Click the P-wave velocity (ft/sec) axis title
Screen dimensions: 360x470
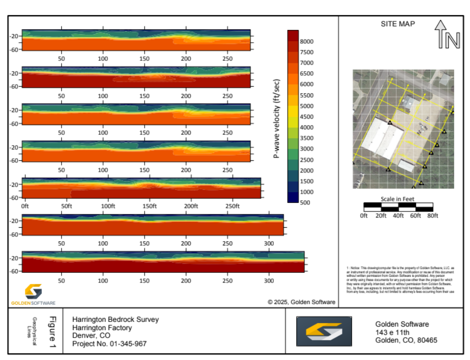point(277,118)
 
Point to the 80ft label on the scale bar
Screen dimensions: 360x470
point(432,215)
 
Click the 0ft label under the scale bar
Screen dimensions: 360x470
point(363,215)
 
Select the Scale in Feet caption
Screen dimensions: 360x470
point(398,199)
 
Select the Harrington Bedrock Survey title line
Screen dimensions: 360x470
point(115,319)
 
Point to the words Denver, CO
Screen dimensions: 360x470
point(91,336)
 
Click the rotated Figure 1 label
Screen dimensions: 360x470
point(52,332)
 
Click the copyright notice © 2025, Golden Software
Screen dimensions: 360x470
point(301,302)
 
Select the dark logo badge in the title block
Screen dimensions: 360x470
point(324,332)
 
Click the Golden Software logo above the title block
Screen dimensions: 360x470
point(34,294)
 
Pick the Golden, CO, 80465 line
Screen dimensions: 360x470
point(406,340)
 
